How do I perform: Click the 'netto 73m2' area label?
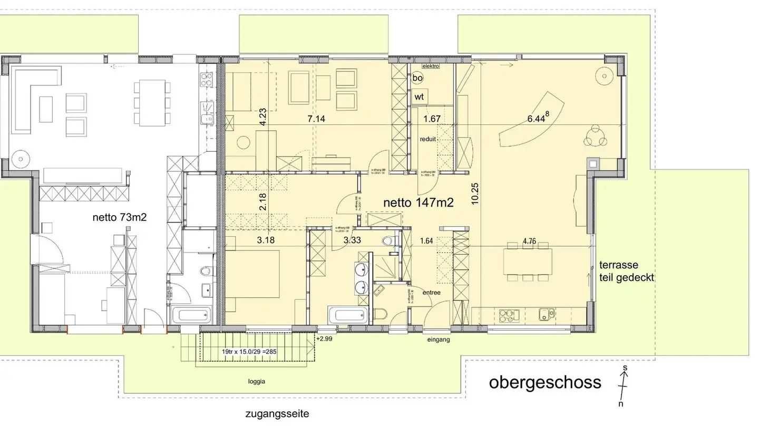pyautogui.click(x=119, y=217)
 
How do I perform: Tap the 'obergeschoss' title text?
pyautogui.click(x=545, y=382)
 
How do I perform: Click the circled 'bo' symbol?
pyautogui.click(x=417, y=78)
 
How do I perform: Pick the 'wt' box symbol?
pyautogui.click(x=419, y=97)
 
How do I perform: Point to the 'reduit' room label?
pyautogui.click(x=429, y=140)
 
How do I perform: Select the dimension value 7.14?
pyautogui.click(x=316, y=119)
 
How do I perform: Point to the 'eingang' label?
pyautogui.click(x=439, y=340)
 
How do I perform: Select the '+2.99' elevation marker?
pyautogui.click(x=324, y=339)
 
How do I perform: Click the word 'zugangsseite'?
pyautogui.click(x=277, y=414)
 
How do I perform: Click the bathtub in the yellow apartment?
pyautogui.click(x=347, y=316)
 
